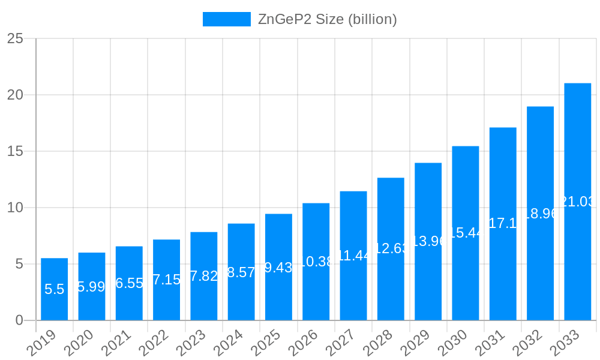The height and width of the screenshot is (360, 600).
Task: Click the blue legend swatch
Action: click(x=226, y=19)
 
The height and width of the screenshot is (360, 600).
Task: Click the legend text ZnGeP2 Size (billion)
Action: click(x=327, y=19)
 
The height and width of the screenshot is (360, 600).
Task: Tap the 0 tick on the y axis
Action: click(x=19, y=320)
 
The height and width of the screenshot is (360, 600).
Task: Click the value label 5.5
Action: click(x=54, y=289)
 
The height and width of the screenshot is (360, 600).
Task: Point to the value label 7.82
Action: click(x=203, y=277)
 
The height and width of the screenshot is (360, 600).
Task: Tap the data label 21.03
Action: click(x=577, y=202)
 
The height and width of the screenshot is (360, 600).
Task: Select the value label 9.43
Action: click(x=278, y=268)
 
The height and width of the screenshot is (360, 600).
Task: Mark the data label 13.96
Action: click(x=428, y=241)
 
